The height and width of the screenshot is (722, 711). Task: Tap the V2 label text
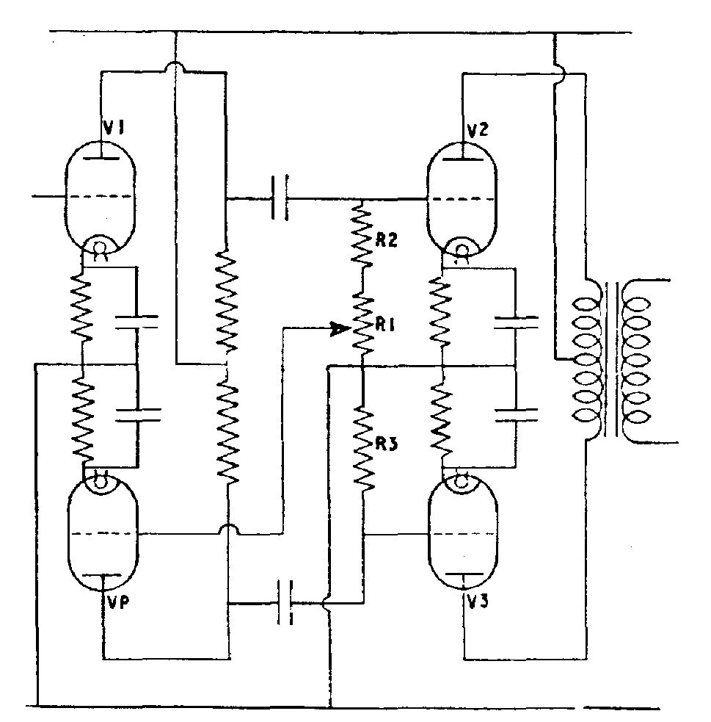tap(478, 131)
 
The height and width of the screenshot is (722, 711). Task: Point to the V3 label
tap(478, 602)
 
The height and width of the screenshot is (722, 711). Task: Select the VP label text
tap(117, 602)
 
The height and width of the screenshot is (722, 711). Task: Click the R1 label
tap(385, 325)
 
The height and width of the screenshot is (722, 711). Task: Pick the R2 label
tap(386, 240)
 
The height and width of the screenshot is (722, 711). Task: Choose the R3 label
tap(386, 444)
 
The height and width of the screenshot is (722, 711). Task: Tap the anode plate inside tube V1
tap(102, 158)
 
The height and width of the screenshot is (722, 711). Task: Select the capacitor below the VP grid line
tap(285, 602)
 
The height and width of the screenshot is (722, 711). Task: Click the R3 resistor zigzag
tap(363, 449)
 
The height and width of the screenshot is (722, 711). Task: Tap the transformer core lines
tap(611, 359)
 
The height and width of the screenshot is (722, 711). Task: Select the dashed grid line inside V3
tap(463, 535)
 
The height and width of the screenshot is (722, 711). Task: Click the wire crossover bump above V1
tap(175, 68)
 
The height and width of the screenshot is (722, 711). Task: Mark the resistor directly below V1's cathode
tap(81, 307)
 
